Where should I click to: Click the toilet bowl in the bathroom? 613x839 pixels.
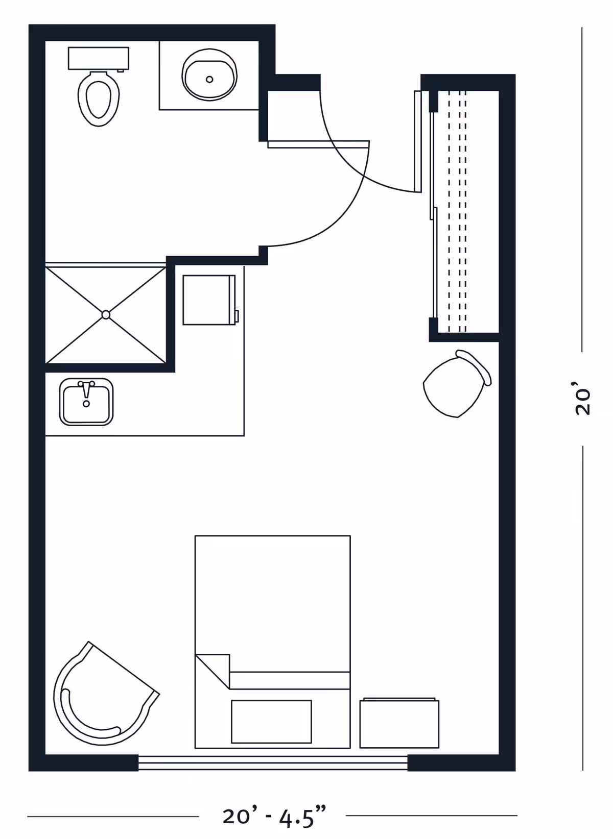[99, 99]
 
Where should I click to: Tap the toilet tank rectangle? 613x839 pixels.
[99, 58]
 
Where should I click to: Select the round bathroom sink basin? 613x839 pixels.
[209, 75]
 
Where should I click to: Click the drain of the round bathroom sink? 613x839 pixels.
[209, 80]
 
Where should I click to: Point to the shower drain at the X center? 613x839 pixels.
[106, 315]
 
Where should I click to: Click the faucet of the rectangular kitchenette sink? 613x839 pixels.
[87, 389]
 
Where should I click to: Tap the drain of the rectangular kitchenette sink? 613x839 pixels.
[87, 404]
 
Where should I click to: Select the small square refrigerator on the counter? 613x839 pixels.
[209, 300]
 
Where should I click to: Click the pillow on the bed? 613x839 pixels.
[271, 722]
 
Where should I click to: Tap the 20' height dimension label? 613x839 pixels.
[582, 398]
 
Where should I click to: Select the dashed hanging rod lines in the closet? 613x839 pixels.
[457, 212]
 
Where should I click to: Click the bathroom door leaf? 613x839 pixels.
[318, 144]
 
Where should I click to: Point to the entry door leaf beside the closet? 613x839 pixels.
[418, 141]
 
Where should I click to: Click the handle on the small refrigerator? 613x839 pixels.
[237, 316]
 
